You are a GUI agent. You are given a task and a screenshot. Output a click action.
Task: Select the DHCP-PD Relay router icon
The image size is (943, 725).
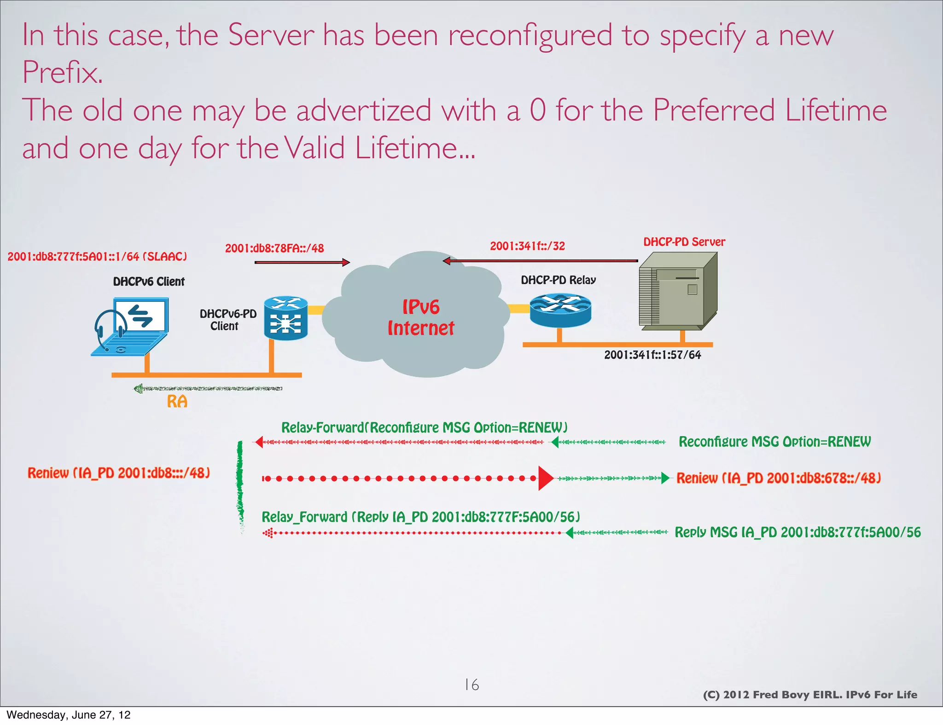[x=560, y=311]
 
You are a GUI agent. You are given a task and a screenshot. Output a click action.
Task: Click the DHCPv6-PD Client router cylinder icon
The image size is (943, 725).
[x=285, y=318]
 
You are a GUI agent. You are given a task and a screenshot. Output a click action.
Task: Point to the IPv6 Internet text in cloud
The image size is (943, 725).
[x=420, y=318]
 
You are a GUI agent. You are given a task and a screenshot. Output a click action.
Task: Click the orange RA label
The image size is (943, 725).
[x=177, y=402]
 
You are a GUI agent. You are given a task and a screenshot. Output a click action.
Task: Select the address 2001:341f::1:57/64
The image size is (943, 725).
[x=652, y=355]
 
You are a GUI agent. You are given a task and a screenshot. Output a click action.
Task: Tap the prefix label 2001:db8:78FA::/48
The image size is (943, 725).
[x=274, y=248]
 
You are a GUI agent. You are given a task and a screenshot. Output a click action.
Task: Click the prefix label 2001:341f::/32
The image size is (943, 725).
[x=527, y=246]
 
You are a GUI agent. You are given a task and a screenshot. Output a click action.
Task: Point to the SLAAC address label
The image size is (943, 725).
[x=97, y=257]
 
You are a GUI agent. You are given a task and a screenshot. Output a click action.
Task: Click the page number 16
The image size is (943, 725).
[x=471, y=685]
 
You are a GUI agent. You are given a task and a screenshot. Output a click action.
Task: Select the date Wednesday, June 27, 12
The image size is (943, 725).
[x=68, y=715]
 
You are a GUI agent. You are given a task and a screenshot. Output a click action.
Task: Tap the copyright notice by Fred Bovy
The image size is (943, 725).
[x=809, y=695]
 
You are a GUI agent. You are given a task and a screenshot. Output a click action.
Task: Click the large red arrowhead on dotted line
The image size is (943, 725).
[x=546, y=478]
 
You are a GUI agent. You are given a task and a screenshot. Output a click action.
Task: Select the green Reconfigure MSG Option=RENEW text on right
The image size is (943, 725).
[x=774, y=442]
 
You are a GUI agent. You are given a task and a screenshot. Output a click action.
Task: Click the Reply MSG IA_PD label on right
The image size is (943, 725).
[x=797, y=532]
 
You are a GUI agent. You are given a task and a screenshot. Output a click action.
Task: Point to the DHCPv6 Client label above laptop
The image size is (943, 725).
[x=149, y=282]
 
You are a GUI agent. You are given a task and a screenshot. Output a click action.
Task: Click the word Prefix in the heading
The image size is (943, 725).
[x=62, y=72]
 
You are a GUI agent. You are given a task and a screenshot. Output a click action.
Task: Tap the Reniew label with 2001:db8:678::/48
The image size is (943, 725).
[x=778, y=478]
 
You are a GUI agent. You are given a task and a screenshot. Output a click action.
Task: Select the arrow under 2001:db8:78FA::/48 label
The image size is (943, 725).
[x=302, y=262]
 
